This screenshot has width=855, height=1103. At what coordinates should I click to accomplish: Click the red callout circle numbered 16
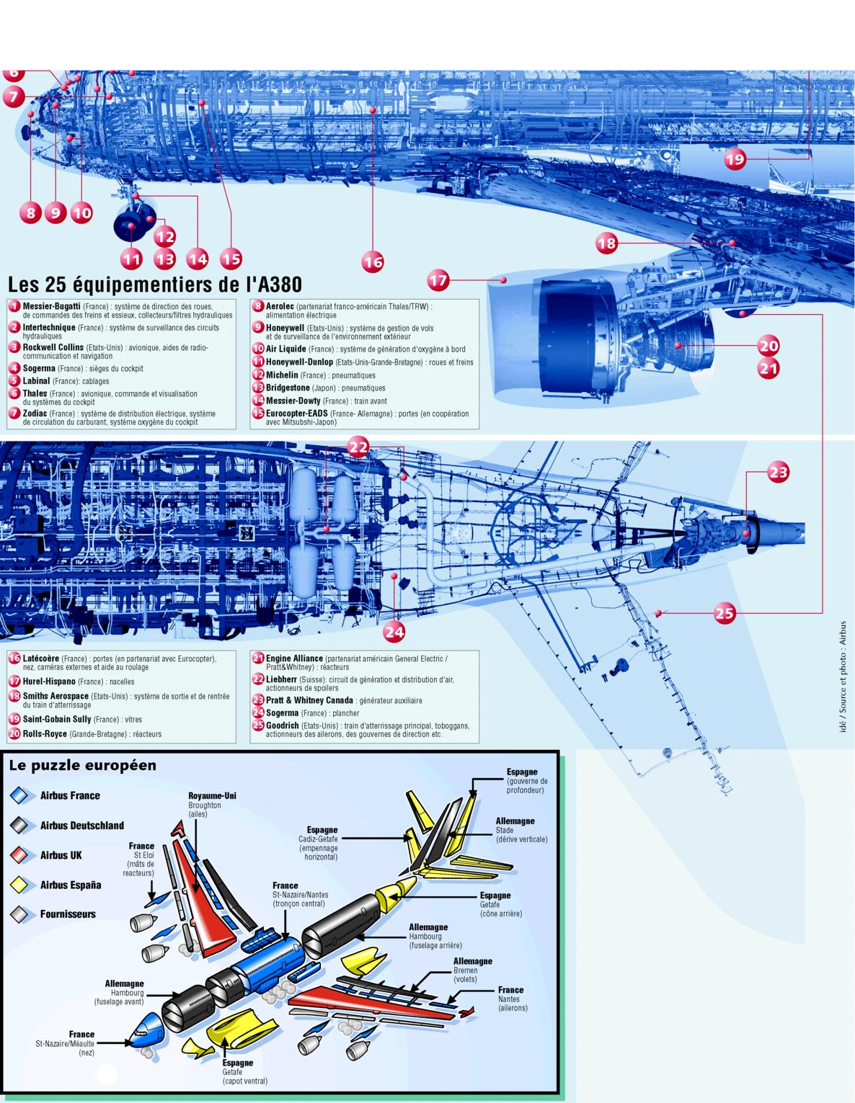point(373,262)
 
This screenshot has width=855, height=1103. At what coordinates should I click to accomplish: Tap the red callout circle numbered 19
point(735,159)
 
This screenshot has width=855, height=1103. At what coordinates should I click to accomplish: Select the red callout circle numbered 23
point(778,473)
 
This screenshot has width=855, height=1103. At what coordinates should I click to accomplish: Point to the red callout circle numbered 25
point(725,613)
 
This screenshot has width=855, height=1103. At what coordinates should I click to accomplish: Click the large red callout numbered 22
point(358,447)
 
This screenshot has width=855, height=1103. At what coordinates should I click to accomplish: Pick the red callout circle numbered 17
point(438,280)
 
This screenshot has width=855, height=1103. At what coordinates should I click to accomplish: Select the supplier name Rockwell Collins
point(53,347)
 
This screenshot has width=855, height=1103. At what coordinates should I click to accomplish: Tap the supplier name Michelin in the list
point(282,375)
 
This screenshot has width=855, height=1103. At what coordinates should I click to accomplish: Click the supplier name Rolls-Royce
point(45,734)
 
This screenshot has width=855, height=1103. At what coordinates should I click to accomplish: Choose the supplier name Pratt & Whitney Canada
point(309,700)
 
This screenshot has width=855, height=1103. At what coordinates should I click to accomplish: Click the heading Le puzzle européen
point(82,765)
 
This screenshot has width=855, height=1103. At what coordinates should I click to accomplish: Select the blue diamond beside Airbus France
point(19,795)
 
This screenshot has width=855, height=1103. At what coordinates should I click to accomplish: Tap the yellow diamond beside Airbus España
point(19,885)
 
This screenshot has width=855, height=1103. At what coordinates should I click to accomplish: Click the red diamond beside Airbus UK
point(19,855)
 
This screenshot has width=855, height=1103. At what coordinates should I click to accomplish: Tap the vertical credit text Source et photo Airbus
point(842,677)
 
